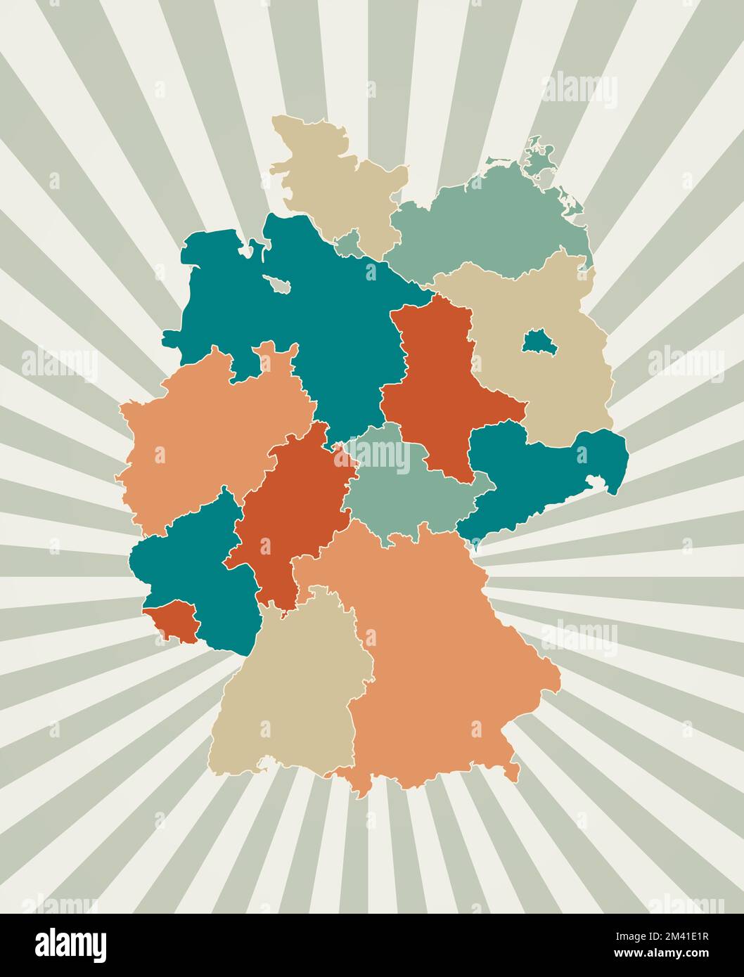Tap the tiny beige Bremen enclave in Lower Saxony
279,284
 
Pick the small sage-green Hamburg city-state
348,244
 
